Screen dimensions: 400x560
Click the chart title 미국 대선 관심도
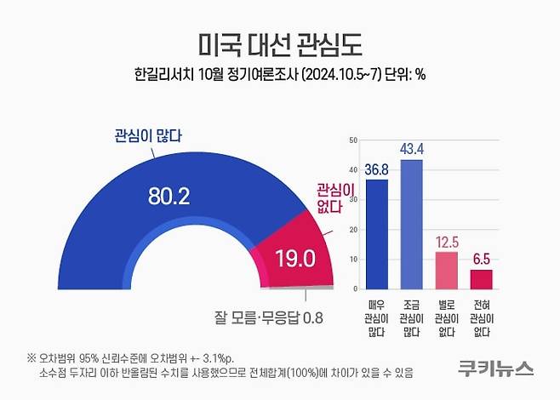click(x=279, y=43)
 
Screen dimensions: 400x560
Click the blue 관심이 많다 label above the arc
click(x=149, y=134)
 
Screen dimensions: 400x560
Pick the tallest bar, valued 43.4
click(x=411, y=224)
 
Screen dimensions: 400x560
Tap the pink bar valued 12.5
click(x=447, y=270)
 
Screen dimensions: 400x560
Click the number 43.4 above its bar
click(x=411, y=150)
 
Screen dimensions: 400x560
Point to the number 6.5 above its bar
click(x=482, y=260)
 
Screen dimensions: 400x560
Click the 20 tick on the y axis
click(x=351, y=230)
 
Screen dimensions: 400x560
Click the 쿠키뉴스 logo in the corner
click(x=494, y=369)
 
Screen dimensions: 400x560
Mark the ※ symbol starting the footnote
click(x=31, y=357)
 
